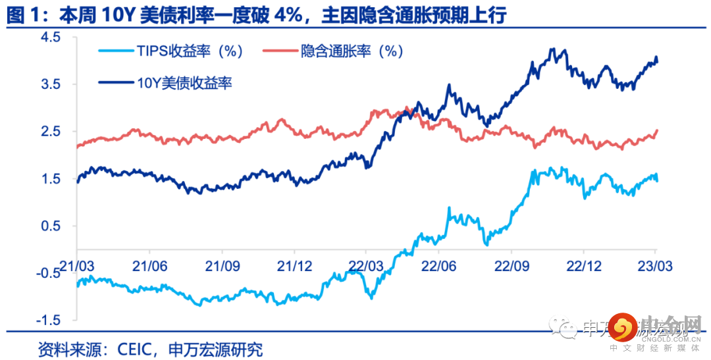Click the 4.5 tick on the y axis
click(x=51, y=38)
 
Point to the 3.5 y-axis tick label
click(x=51, y=85)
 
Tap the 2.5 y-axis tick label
click(x=51, y=132)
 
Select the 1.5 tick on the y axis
click(x=51, y=179)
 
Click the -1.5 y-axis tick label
click(x=48, y=321)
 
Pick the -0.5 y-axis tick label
click(x=48, y=273)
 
